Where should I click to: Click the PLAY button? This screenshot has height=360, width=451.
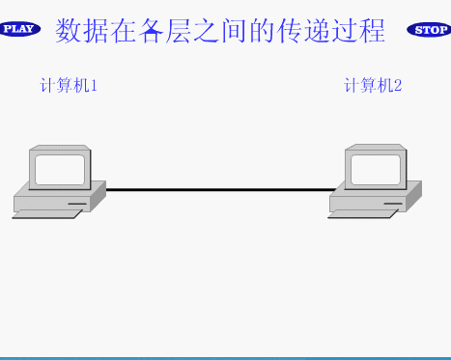click(20, 29)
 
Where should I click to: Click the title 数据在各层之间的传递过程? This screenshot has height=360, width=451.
click(221, 30)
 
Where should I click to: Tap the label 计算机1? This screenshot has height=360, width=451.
click(69, 86)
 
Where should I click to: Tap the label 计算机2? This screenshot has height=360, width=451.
click(373, 86)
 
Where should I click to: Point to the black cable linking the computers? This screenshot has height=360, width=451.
click(220, 190)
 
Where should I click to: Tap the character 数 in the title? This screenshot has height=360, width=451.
click(69, 30)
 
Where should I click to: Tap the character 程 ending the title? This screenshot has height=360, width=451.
click(374, 30)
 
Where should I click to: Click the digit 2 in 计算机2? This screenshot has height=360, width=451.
click(397, 86)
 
